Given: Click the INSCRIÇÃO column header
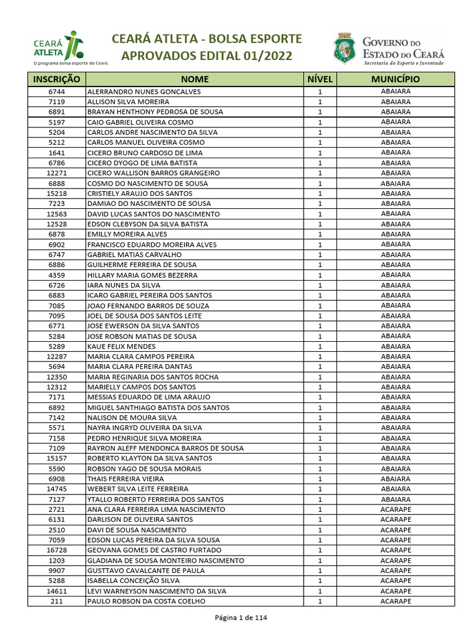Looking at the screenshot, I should click(56, 79).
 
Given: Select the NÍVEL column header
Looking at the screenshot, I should click(320, 79).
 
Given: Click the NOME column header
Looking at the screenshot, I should click(195, 79).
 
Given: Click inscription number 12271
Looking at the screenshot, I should click(56, 173).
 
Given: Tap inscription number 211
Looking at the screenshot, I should click(56, 601).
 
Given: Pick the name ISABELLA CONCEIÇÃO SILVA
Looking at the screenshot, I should click(134, 581).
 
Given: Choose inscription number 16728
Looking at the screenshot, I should click(56, 550).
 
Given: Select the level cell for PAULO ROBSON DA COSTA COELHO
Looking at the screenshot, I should click(320, 601).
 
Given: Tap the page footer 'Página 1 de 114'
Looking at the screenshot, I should click(241, 618).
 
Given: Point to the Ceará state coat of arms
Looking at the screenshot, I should click(344, 48).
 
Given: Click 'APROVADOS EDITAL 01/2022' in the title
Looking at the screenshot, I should click(207, 57).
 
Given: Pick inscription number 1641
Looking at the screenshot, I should click(56, 153).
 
